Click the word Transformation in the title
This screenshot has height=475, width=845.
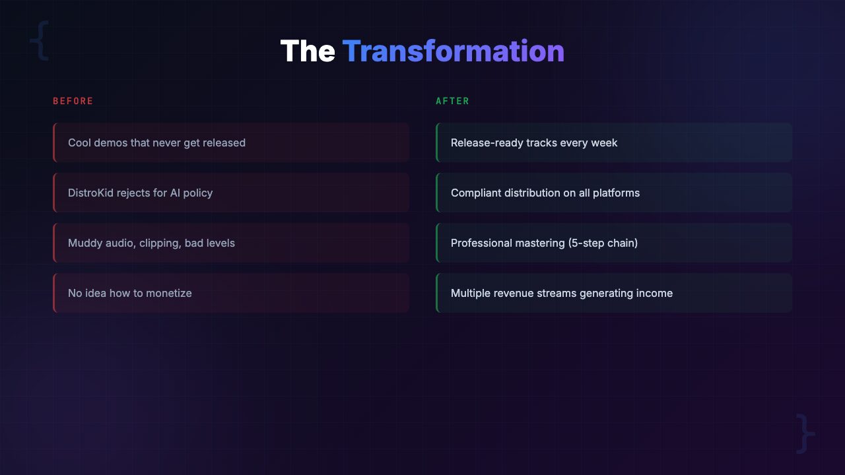click(x=453, y=51)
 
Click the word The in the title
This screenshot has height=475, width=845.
click(x=308, y=51)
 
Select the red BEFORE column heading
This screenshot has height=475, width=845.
click(x=73, y=101)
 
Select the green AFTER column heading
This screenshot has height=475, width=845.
click(x=453, y=101)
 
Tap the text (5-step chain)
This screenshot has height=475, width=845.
click(x=603, y=243)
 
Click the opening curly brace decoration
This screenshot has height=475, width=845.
click(x=39, y=40)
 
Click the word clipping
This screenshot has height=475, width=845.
click(x=160, y=243)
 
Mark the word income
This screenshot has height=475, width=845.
click(x=654, y=293)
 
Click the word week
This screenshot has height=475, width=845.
click(x=605, y=142)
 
